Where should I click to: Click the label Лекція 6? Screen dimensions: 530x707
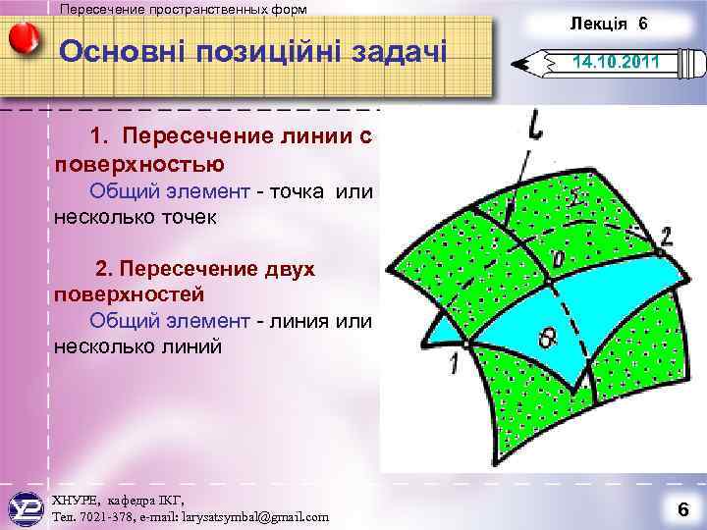pos(608,23)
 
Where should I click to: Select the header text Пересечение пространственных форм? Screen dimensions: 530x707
pos(183,9)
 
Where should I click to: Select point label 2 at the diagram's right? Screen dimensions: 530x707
pos(667,236)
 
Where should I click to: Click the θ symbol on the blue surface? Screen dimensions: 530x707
pos(545,337)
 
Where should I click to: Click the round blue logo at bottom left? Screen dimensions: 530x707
pos(26,507)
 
